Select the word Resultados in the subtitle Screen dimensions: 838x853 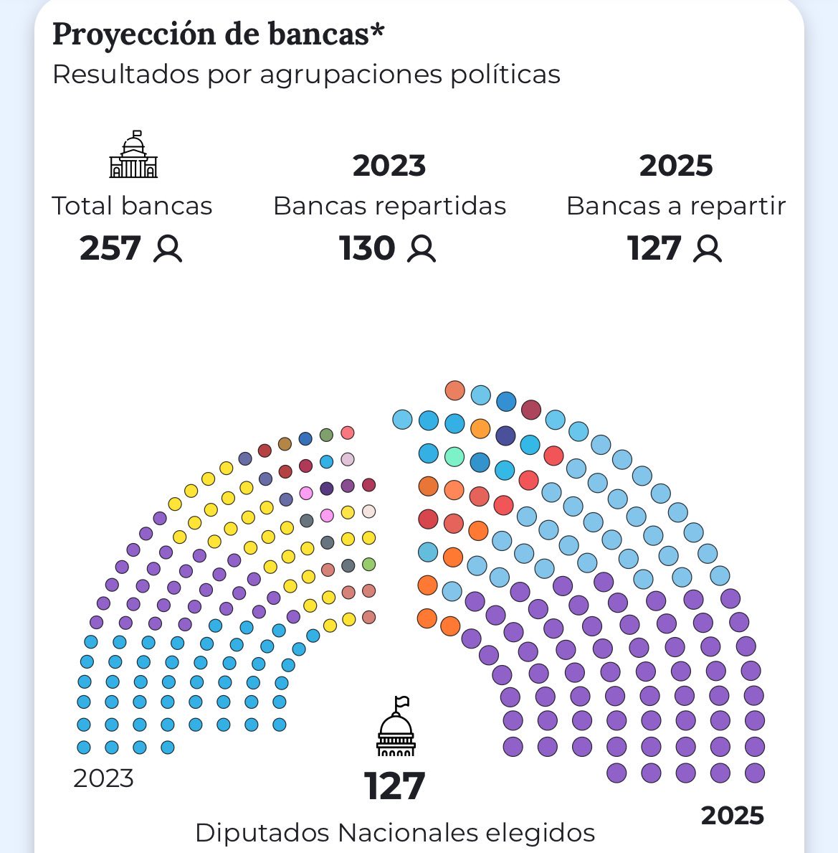(x=125, y=74)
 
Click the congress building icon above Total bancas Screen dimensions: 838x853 (x=133, y=154)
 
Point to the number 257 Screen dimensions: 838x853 (x=110, y=248)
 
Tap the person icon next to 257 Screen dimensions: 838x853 (x=167, y=249)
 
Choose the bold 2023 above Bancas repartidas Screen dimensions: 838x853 (x=389, y=166)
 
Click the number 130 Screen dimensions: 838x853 (x=367, y=248)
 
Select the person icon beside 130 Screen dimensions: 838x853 (x=422, y=249)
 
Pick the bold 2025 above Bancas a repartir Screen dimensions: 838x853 (x=675, y=166)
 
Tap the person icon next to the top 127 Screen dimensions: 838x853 (x=708, y=249)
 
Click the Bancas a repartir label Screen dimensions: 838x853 (x=676, y=206)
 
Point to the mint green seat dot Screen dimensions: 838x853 (x=454, y=456)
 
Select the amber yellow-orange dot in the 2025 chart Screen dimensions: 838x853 (x=480, y=429)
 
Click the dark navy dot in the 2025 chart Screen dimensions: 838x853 (x=505, y=435)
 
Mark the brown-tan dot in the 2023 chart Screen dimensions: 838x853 (x=285, y=444)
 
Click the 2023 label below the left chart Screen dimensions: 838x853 (x=103, y=778)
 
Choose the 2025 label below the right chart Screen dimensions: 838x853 (x=733, y=816)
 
